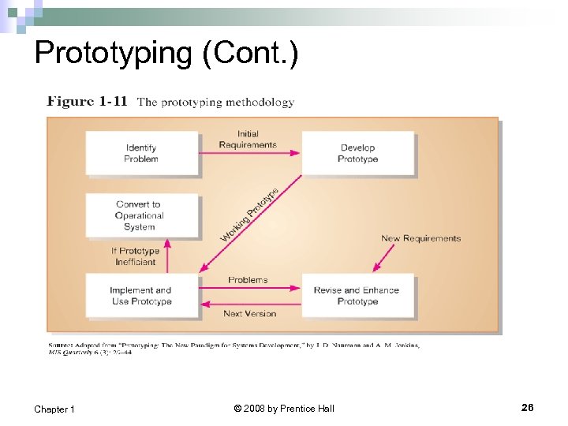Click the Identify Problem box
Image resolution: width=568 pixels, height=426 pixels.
click(x=141, y=153)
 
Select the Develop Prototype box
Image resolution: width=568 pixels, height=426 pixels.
click(x=357, y=153)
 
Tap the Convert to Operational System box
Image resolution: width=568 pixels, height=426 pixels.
click(x=141, y=215)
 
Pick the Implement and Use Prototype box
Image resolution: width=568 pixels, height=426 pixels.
click(x=141, y=296)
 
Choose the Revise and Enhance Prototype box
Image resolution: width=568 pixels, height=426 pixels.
click(x=357, y=296)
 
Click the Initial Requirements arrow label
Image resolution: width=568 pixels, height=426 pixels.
click(x=248, y=140)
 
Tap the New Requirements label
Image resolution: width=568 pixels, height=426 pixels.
click(x=420, y=238)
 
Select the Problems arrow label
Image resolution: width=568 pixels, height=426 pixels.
click(x=248, y=280)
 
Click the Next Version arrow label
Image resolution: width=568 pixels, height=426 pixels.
click(x=249, y=313)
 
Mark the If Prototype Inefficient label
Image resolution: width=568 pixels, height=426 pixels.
click(x=135, y=256)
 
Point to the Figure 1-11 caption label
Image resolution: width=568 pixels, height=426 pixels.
click(x=87, y=102)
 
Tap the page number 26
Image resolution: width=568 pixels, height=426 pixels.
click(x=527, y=407)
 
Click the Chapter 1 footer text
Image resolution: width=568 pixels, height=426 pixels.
click(x=54, y=409)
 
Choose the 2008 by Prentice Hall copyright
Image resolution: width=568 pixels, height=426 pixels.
click(x=284, y=408)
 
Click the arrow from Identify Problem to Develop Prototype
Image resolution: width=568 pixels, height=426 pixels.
click(x=249, y=152)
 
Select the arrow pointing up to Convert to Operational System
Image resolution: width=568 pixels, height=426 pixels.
click(x=167, y=256)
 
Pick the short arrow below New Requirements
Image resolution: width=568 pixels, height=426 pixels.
click(x=384, y=257)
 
